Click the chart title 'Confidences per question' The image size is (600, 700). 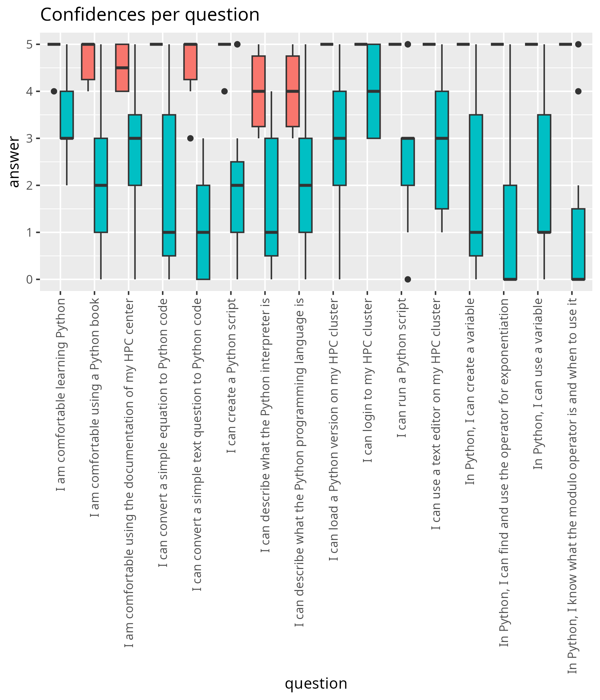(150, 15)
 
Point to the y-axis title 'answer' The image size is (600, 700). (14, 161)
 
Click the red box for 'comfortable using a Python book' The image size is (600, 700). (88, 62)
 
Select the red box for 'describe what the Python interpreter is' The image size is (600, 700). (258, 91)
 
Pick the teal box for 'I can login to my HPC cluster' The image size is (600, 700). (374, 91)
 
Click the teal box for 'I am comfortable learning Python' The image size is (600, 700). (67, 115)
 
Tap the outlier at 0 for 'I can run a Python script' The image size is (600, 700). (408, 279)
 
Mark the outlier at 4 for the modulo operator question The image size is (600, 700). (578, 91)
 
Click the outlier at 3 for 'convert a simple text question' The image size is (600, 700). (190, 138)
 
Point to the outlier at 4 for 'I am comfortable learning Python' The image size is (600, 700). (54, 91)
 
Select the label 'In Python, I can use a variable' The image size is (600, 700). (538, 384)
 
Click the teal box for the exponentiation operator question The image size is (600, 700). (510, 232)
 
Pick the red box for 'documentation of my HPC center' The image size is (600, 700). (122, 68)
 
